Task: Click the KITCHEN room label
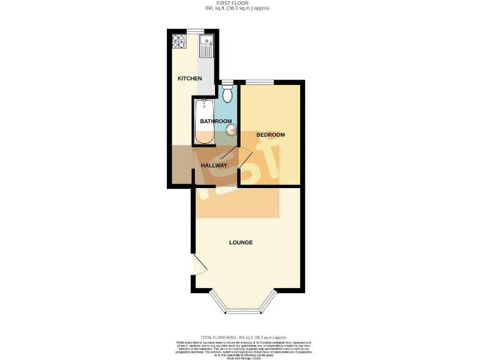tap(189, 78)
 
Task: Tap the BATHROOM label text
tap(216, 121)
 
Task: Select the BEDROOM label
tap(270, 135)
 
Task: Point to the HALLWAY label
tap(213, 165)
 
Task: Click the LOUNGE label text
tap(241, 242)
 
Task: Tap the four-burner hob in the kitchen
tap(179, 41)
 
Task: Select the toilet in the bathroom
tap(227, 94)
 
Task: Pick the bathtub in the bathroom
tap(204, 121)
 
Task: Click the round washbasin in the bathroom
tap(231, 130)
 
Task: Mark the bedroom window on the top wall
tap(259, 82)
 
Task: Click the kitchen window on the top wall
tap(196, 31)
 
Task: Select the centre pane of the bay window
tap(241, 311)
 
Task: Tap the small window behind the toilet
tap(226, 82)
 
